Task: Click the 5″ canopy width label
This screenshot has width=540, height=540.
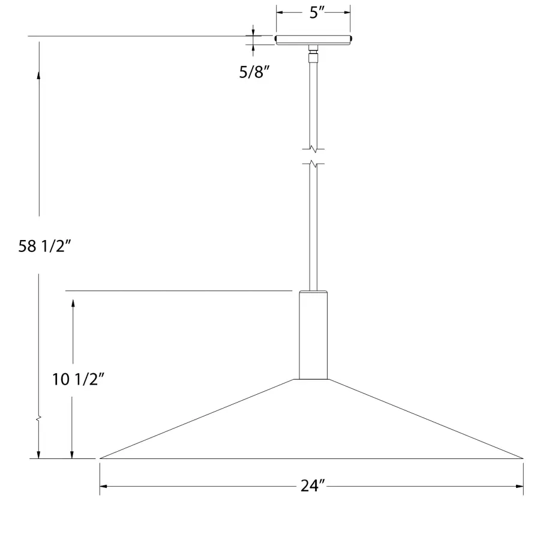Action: [x=313, y=13]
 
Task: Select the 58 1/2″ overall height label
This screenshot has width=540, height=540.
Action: [x=49, y=246]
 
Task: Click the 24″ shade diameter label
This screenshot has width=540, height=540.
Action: [x=313, y=487]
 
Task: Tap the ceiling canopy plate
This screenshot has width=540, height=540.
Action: [x=313, y=40]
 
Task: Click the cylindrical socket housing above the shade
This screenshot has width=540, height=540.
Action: [x=313, y=335]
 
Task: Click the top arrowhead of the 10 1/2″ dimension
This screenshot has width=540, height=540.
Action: [x=73, y=303]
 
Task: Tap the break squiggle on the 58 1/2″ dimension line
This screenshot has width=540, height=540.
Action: [x=39, y=416]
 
